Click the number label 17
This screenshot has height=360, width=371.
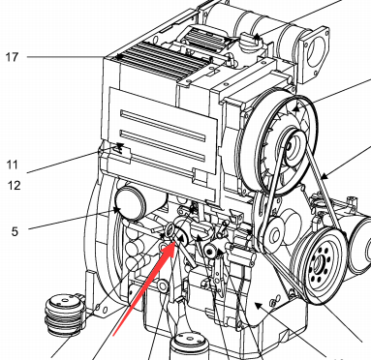(12, 57)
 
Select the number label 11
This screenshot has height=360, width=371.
(12, 165)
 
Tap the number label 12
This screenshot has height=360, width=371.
(14, 186)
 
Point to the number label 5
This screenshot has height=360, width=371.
(15, 231)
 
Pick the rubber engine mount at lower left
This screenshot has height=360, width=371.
(65, 315)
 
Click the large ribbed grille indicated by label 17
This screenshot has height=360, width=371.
(165, 61)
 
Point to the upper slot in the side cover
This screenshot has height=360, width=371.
(163, 127)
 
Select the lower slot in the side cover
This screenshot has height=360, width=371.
(163, 146)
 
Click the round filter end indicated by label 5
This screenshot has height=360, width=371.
(130, 204)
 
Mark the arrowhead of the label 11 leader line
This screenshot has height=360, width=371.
(119, 148)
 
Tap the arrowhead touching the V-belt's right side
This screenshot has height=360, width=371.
(324, 177)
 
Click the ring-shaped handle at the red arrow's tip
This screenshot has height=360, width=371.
(170, 230)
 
